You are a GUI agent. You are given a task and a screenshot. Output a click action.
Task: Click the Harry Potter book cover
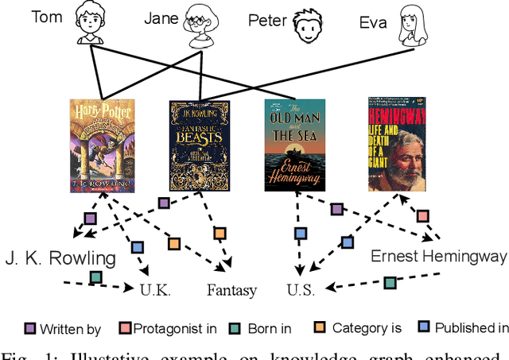click(102, 145)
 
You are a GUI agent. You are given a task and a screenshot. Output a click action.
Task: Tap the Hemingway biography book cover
click(396, 144)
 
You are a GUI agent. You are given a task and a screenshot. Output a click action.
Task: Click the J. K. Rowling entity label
click(60, 258)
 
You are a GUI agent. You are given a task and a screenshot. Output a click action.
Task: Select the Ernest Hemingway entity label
click(438, 257)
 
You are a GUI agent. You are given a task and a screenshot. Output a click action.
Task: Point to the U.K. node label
click(155, 290)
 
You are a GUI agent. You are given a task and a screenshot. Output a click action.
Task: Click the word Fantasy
click(232, 290)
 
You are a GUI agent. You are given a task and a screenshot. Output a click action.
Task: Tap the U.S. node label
click(302, 290)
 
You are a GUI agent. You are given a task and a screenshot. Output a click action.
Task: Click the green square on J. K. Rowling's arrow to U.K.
click(95, 277)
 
